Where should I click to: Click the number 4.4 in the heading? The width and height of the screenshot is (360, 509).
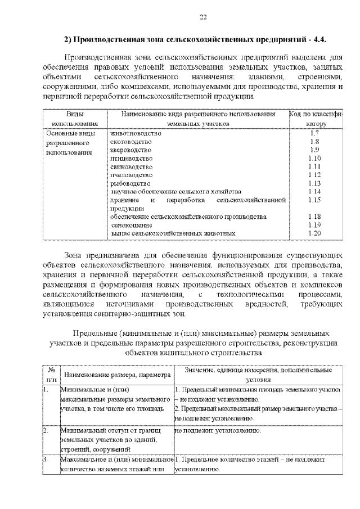click(319, 39)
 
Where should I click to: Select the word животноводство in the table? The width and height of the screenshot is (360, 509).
click(136, 133)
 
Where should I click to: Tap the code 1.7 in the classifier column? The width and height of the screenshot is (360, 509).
click(314, 133)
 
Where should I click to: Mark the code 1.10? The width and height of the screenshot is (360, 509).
click(314, 159)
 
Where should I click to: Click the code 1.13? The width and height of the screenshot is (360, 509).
click(314, 183)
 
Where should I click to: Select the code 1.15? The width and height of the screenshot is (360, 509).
click(314, 200)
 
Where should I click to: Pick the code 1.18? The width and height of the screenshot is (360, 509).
click(314, 217)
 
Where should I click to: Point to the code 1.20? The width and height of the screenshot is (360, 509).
click(314, 233)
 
